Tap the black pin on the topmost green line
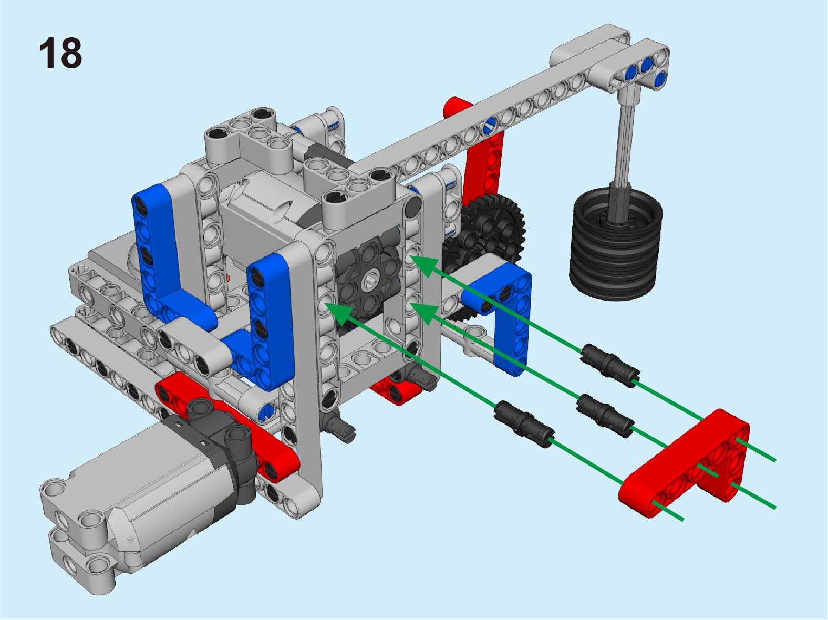click(x=609, y=365)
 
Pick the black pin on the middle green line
click(x=605, y=416)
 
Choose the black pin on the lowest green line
click(x=524, y=425)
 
